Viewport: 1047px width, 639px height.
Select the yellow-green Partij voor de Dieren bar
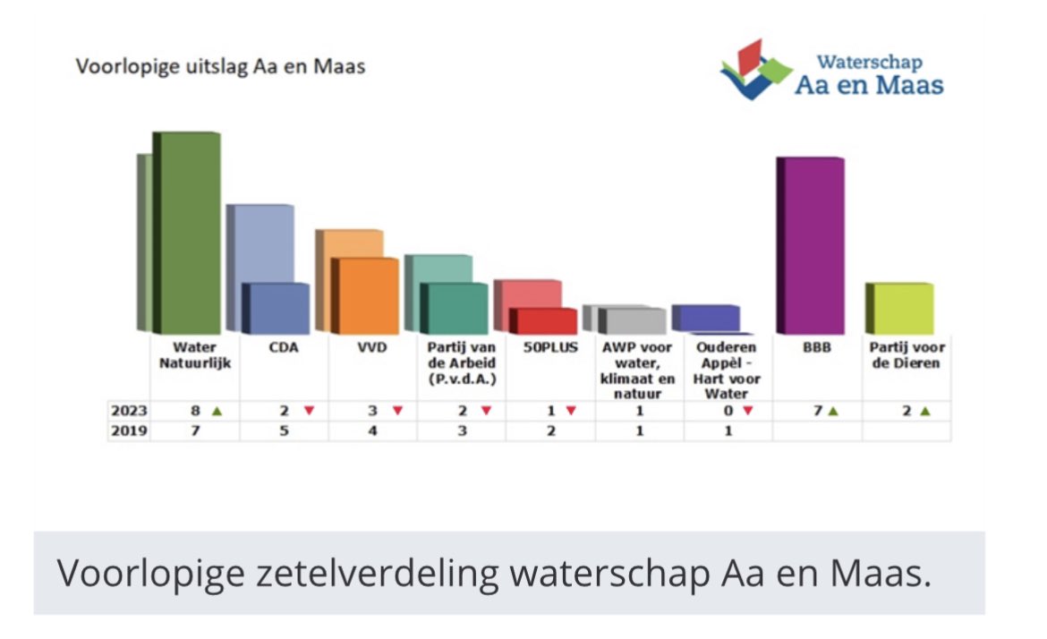901,309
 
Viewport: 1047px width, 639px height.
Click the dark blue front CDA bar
277,309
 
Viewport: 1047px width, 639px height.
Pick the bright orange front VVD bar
367,296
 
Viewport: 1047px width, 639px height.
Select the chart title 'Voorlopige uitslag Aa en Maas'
220,67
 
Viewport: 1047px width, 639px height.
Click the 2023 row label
129,411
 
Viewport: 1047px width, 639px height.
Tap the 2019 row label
129,431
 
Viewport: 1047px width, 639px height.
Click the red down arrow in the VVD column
397,411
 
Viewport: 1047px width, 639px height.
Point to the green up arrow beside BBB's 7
833,411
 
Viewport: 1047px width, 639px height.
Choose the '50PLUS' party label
550,347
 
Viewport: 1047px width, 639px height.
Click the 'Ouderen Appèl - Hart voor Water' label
728,370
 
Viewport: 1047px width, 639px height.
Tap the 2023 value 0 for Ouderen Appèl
728,411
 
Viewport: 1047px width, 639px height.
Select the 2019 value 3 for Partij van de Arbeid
461,431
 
